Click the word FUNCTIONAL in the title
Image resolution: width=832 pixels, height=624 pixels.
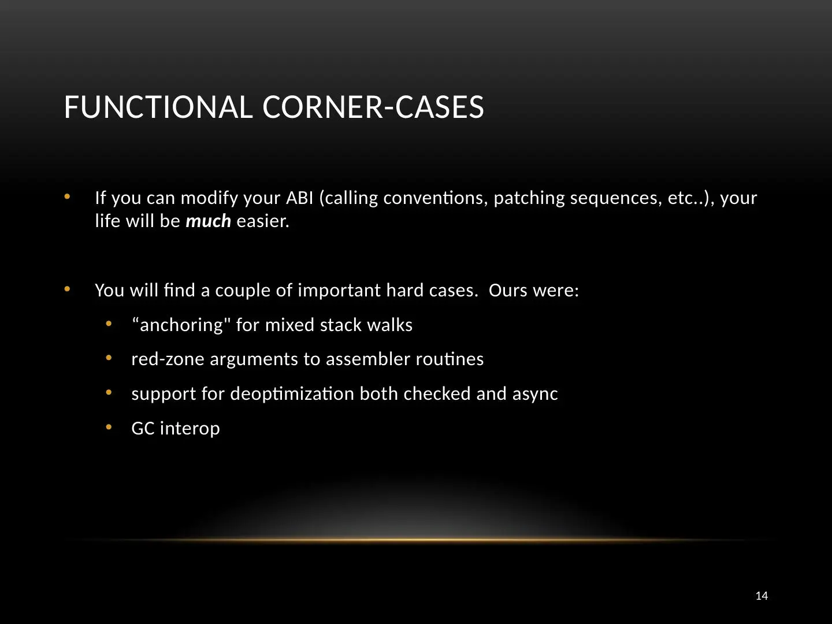(x=158, y=107)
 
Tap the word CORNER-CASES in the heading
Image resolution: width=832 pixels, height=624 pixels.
(x=373, y=107)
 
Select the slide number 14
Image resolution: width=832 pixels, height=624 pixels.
(x=762, y=596)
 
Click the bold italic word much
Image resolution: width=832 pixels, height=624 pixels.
(x=208, y=221)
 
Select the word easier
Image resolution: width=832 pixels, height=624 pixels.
(x=263, y=221)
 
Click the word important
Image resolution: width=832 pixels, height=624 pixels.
(x=339, y=290)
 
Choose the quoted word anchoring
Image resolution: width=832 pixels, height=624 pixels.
(x=181, y=325)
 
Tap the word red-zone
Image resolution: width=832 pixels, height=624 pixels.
(x=168, y=359)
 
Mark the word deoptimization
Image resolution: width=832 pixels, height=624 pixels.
(x=292, y=394)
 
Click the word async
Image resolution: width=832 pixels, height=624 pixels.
(x=535, y=394)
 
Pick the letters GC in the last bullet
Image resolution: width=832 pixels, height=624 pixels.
(x=143, y=429)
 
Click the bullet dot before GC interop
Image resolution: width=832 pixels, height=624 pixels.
(x=109, y=427)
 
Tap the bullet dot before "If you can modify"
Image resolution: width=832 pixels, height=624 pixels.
(x=67, y=196)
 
